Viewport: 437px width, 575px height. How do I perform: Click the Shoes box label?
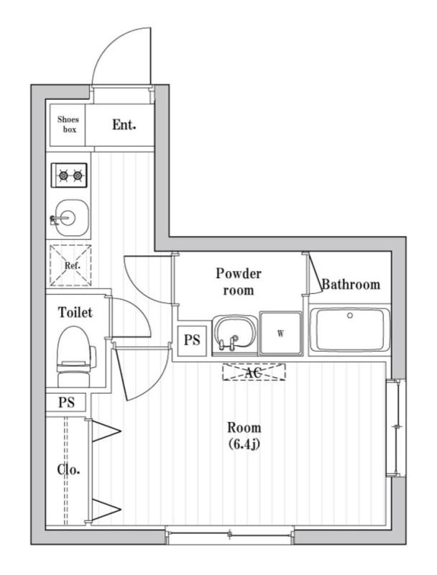68,124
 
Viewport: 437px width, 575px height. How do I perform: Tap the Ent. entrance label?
124,124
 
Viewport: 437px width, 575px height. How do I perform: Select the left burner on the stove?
63,176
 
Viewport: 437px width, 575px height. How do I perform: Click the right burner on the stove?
78,176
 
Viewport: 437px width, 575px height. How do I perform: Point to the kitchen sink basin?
71,218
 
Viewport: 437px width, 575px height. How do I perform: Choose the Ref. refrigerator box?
70,265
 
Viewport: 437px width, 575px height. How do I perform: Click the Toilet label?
75,313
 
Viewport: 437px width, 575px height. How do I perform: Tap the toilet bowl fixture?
75,356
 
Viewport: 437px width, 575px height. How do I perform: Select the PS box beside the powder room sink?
192,340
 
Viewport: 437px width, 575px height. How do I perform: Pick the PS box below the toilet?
66,402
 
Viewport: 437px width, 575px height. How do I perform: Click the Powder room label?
239,282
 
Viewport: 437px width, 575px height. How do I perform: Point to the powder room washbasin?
234,335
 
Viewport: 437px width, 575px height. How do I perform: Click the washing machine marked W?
281,333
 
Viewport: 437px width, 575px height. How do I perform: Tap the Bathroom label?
351,285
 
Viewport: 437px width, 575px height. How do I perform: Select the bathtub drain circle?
350,316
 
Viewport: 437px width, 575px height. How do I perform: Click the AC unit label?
253,372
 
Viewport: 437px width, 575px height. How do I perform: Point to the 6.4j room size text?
244,444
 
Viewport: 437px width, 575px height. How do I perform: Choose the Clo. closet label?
68,470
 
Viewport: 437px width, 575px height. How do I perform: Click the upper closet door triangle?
105,431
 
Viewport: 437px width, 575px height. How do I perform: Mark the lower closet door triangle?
105,509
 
